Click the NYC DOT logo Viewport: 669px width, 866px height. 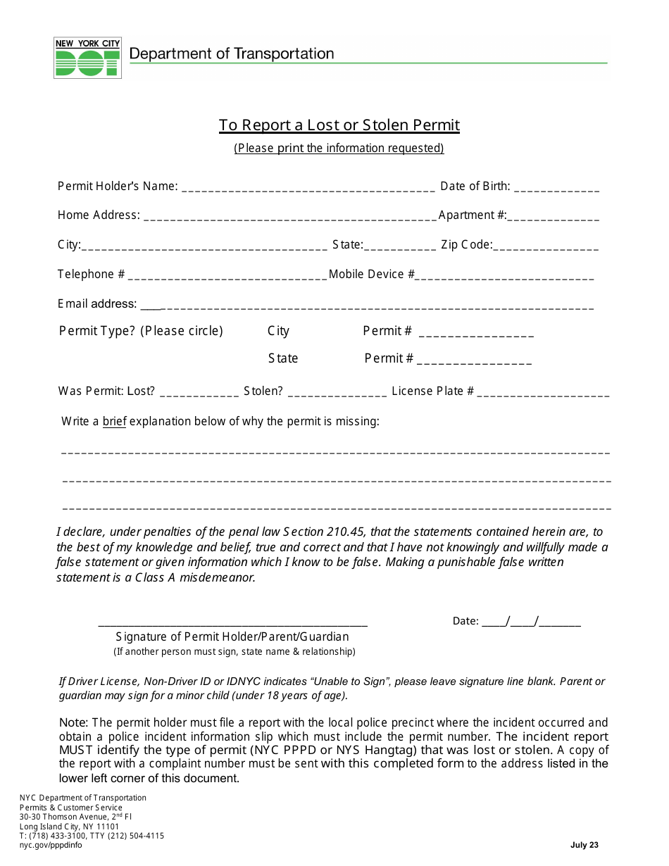(x=87, y=58)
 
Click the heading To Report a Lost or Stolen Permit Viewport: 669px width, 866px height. (x=339, y=125)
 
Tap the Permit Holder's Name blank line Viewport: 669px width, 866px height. (x=308, y=189)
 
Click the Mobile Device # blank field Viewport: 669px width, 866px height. (x=505, y=277)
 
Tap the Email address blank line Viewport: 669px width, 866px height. (x=366, y=307)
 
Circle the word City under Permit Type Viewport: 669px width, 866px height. (x=278, y=331)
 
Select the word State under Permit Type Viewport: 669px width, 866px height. (x=283, y=358)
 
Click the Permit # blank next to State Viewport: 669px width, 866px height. (x=474, y=361)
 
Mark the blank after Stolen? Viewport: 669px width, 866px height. (x=337, y=394)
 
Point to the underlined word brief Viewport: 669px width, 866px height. (x=114, y=422)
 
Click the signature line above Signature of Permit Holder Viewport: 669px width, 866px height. (x=232, y=624)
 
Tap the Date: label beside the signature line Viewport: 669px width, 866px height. (x=465, y=621)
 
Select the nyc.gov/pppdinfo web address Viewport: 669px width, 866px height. (x=51, y=845)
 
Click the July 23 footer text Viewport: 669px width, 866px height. (x=584, y=845)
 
